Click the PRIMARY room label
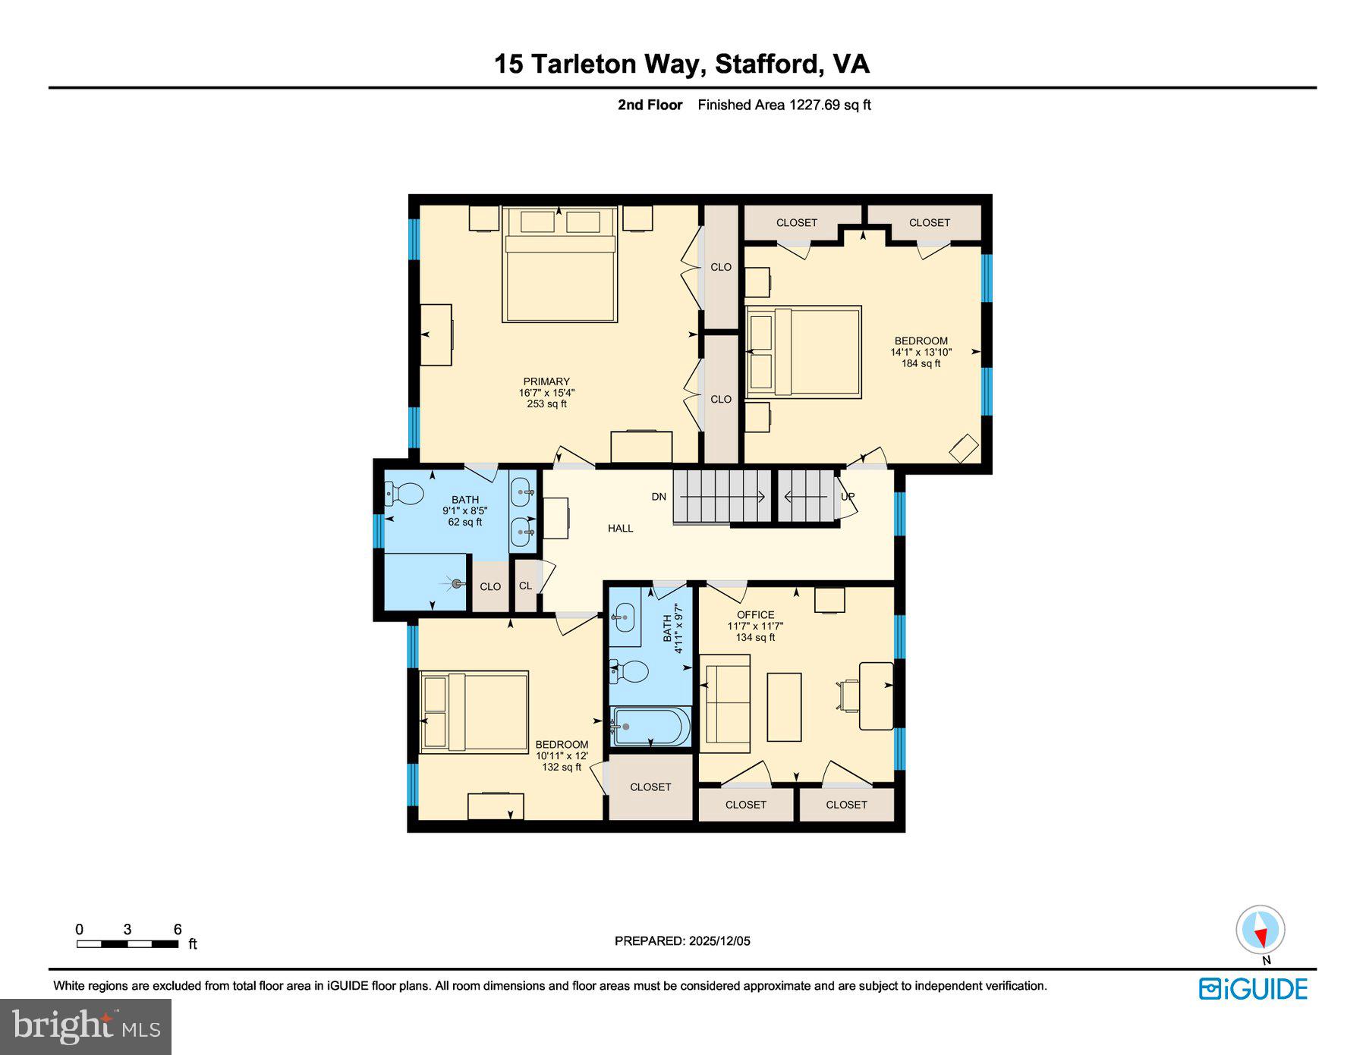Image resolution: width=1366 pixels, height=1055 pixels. coord(546,381)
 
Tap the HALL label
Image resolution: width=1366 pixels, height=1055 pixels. coord(620,529)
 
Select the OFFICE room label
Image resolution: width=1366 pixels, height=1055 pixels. coord(755,615)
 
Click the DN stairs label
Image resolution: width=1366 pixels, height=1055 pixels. coord(659,497)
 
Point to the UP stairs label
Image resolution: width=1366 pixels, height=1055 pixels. coord(848,497)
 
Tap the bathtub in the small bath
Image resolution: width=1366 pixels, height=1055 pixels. coord(652,727)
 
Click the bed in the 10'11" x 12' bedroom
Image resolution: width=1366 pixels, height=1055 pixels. coord(474,711)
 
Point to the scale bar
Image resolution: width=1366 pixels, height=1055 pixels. coord(127,944)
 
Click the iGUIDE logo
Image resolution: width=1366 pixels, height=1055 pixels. coord(1253,989)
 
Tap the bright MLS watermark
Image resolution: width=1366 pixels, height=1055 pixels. coord(86,1026)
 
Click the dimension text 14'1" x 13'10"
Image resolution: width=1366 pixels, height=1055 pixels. coord(921,352)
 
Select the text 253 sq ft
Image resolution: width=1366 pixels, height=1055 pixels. coord(546,404)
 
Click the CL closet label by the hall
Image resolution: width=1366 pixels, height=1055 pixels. coord(525,586)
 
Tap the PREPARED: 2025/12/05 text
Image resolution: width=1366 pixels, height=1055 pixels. coord(682,940)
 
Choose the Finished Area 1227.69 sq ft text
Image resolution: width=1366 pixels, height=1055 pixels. coord(784,105)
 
